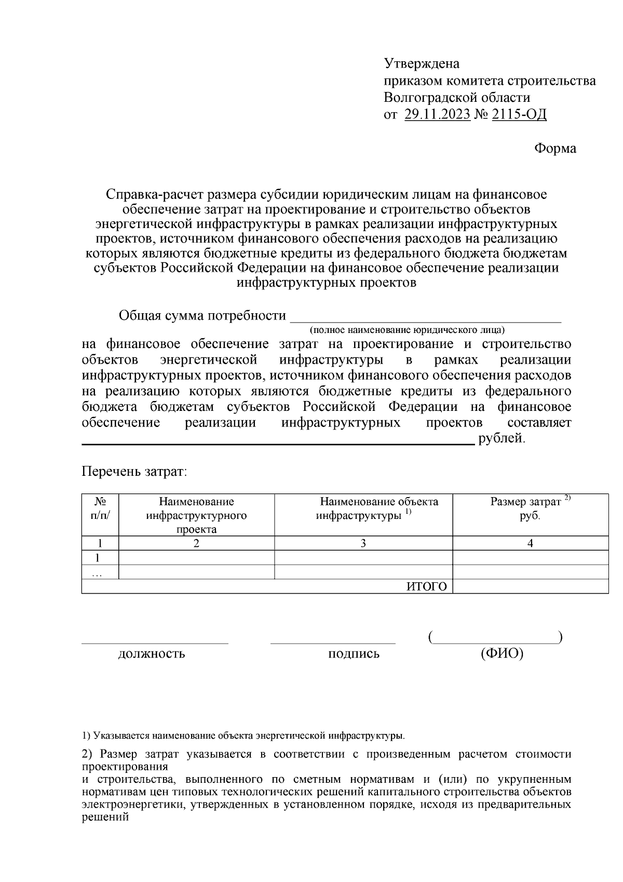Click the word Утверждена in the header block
click(x=422, y=64)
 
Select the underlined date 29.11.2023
click(x=437, y=114)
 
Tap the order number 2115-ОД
click(x=519, y=114)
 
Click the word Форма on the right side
click(x=555, y=149)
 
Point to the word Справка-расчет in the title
click(x=154, y=195)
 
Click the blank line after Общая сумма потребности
click(x=425, y=317)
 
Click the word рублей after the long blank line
click(x=502, y=438)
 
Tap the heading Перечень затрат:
click(x=134, y=472)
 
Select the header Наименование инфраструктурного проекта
click(x=196, y=515)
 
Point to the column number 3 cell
click(x=363, y=543)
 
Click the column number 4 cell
click(x=530, y=543)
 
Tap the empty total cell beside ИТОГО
click(x=530, y=586)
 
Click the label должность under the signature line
click(x=152, y=653)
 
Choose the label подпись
click(x=354, y=653)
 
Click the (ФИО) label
click(x=502, y=653)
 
